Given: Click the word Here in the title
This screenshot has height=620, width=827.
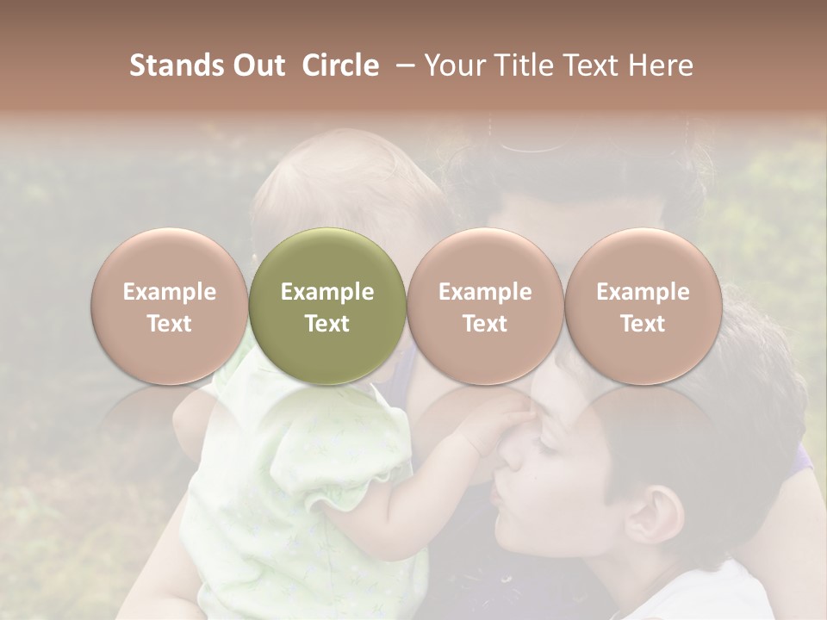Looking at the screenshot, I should pos(661,65).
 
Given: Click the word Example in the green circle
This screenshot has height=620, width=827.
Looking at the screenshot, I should pos(327,292).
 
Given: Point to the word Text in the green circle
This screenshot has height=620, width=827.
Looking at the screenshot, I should pos(327,324).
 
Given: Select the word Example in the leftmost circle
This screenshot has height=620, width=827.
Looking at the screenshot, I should pos(169,292).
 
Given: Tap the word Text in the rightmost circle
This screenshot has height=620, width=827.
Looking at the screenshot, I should pos(643,324).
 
